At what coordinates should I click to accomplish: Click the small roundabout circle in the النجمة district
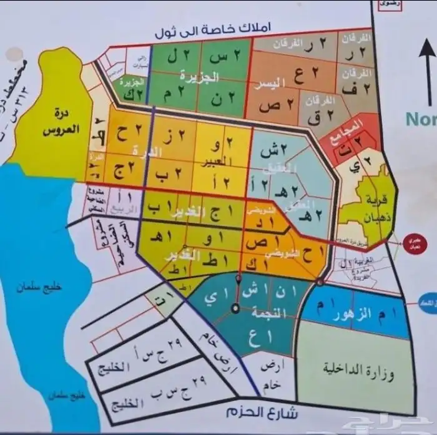pos(235,308)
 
